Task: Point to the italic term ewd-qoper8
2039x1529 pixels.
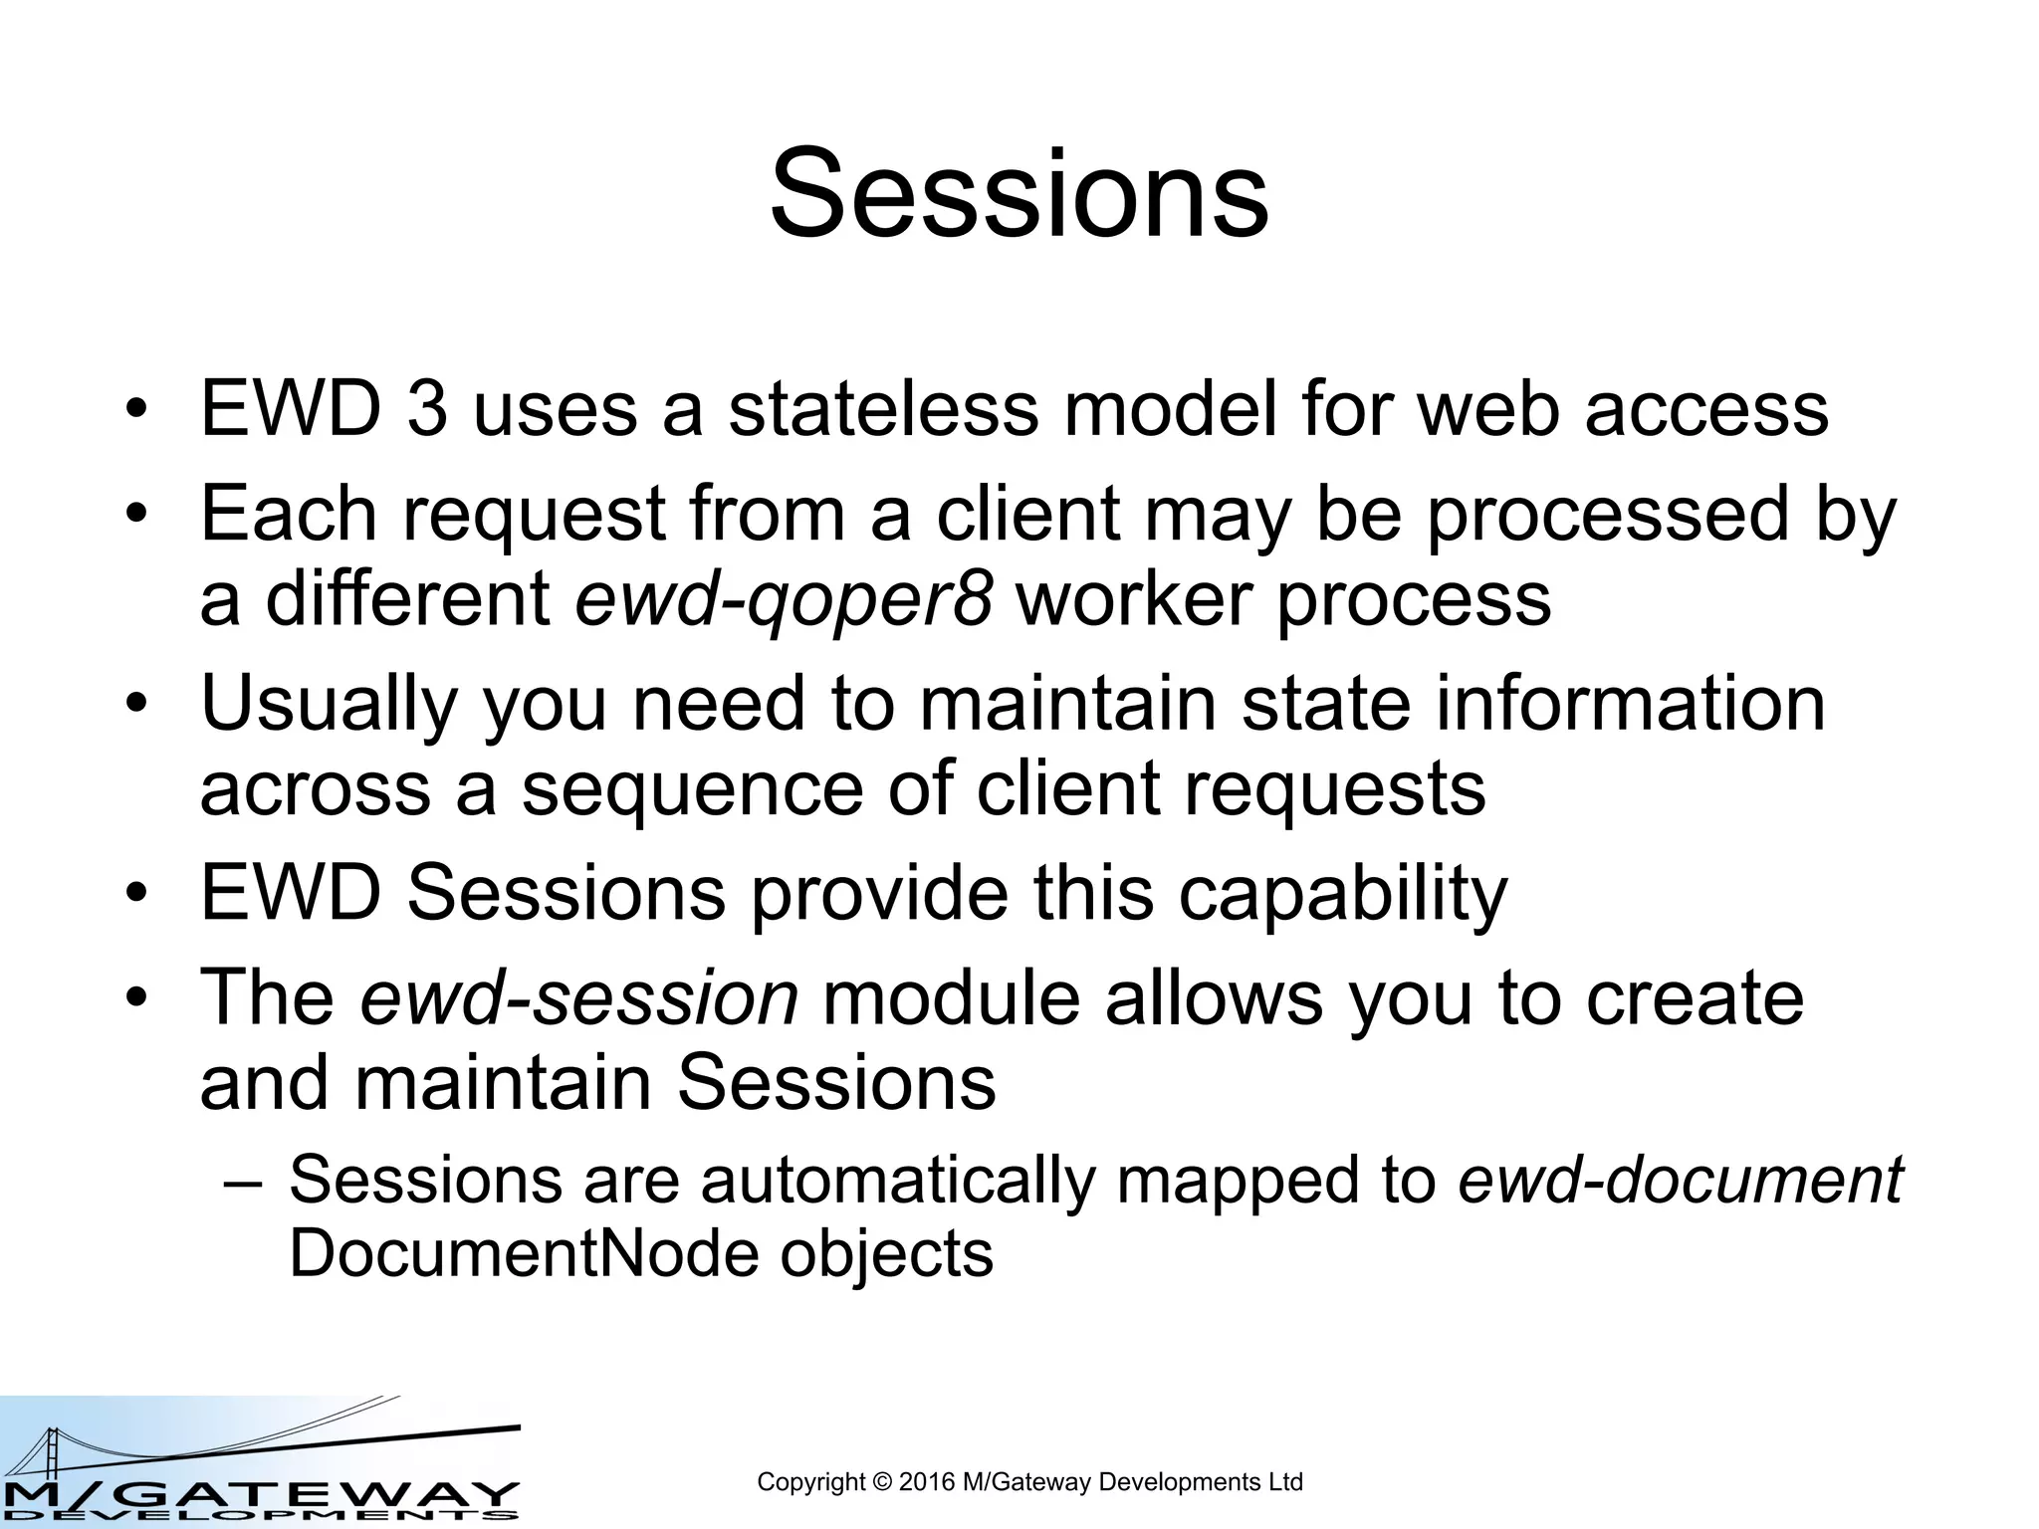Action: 784,599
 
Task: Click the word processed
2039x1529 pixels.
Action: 1608,515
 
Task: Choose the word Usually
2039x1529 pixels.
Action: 329,705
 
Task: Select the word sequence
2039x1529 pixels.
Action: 692,788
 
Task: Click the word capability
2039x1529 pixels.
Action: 1343,894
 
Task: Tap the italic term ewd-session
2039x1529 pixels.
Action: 578,997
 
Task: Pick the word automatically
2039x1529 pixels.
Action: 896,1180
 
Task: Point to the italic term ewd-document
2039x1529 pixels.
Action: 1680,1180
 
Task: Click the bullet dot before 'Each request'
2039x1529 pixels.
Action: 136,515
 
